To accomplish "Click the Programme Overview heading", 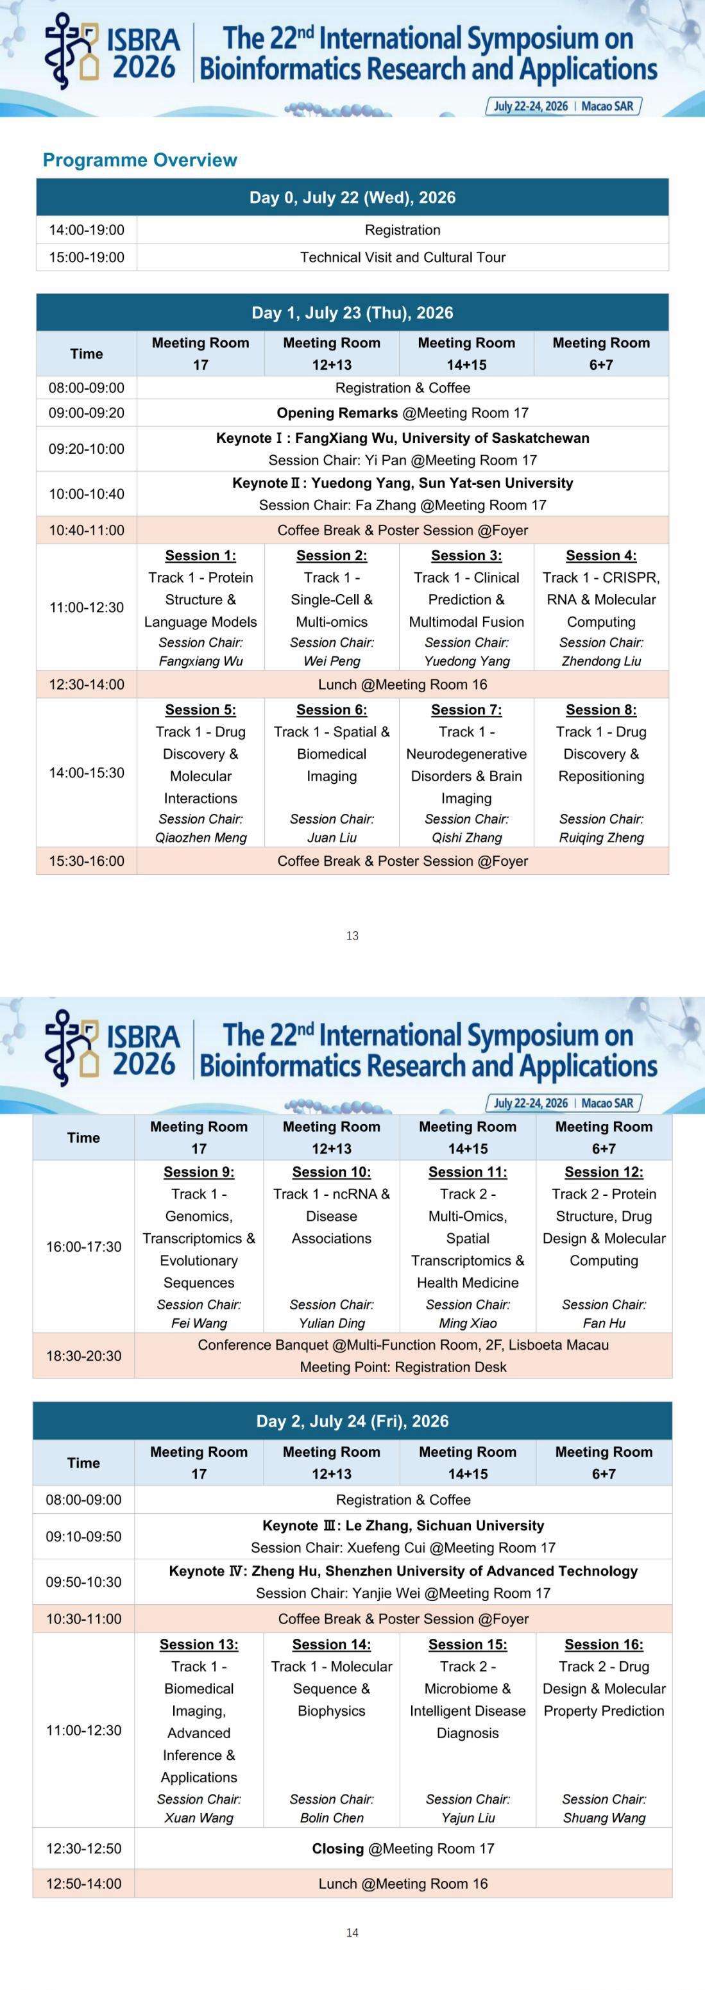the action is point(140,160).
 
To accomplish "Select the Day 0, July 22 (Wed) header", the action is point(353,198).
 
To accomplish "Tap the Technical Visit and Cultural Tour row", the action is point(403,257).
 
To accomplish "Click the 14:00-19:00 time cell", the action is point(87,230).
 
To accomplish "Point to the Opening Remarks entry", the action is point(403,413).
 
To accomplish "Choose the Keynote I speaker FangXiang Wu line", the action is point(403,438).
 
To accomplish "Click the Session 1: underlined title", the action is point(200,556).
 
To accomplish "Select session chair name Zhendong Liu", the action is point(602,661).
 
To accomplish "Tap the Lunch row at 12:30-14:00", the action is point(403,684).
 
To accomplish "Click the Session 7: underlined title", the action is point(466,710).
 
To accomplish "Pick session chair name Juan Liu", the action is point(332,838).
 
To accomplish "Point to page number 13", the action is point(353,936).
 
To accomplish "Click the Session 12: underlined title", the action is point(604,1172).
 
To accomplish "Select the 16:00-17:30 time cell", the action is point(83,1247).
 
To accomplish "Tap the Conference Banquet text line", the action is point(403,1345).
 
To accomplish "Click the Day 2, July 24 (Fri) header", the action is point(353,1422).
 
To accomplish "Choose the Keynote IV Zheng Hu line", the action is point(403,1571).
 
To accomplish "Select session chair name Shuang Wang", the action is point(604,1818).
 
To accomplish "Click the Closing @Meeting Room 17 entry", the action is point(403,1848).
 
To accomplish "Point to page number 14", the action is point(353,1933).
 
